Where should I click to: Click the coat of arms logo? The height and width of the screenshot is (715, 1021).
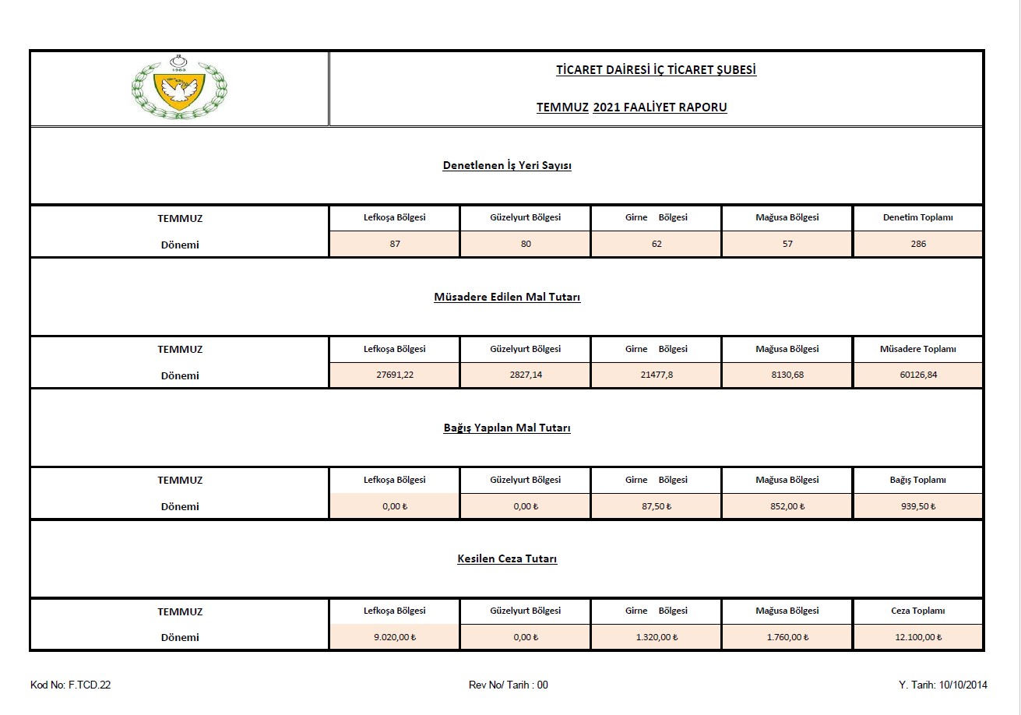179,87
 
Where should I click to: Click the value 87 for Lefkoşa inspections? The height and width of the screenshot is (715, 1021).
395,244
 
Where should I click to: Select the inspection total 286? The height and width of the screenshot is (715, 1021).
918,244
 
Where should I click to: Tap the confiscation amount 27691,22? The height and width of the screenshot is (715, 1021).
395,375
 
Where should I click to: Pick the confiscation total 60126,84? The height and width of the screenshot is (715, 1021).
918,375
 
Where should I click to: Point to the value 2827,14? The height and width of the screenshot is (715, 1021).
526,375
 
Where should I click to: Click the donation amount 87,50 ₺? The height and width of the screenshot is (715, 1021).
657,506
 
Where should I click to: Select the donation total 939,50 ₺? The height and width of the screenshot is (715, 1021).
918,506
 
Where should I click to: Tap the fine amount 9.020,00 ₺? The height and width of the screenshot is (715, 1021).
395,637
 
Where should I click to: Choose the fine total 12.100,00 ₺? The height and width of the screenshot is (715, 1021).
918,637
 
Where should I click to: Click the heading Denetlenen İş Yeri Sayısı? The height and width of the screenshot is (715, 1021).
507,166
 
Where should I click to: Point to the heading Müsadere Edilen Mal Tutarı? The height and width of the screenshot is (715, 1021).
507,297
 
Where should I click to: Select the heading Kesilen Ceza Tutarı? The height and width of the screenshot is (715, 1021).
507,558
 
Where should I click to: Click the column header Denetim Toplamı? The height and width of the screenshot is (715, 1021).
918,218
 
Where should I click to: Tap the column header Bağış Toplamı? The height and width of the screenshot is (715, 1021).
918,480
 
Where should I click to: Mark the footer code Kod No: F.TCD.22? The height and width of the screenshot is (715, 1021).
71,685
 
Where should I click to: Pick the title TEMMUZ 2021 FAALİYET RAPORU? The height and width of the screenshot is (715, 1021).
632,107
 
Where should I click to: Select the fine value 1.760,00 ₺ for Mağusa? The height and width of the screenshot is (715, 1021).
787,637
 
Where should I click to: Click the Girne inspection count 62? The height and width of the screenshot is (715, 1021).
657,244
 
